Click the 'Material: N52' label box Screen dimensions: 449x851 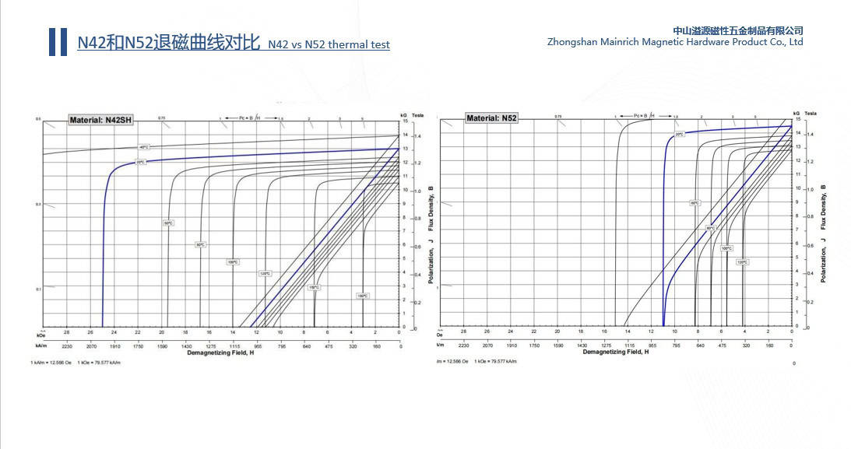[491, 118]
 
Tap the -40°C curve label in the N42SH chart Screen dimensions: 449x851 [143, 147]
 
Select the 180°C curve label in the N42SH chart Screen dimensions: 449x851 [362, 296]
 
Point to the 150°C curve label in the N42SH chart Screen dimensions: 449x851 [314, 287]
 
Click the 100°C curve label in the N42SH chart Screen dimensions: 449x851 [232, 261]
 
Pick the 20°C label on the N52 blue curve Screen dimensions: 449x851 [679, 134]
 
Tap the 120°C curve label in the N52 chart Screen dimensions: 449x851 [742, 262]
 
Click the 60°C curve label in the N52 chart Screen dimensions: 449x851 [695, 203]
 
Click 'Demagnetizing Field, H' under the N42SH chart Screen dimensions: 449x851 [221, 353]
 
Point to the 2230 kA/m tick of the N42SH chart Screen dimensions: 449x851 [66, 345]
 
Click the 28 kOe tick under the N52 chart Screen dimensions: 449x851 [463, 331]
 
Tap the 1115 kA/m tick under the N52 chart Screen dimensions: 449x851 [628, 345]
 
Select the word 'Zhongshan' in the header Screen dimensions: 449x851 [572, 42]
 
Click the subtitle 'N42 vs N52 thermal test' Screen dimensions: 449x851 [329, 44]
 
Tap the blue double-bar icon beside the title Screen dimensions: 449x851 [58, 42]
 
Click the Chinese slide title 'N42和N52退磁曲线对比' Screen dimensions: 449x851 [168, 43]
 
